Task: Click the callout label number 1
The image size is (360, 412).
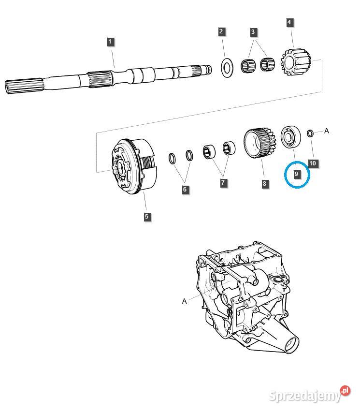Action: tap(110, 42)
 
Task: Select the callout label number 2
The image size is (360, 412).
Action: tap(221, 32)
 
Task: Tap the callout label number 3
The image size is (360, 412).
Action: tap(253, 32)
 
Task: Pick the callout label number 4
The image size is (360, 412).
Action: tap(289, 22)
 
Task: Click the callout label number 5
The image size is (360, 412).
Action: tap(146, 217)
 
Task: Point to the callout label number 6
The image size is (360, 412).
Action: tap(185, 190)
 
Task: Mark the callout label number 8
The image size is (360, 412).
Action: tap(265, 184)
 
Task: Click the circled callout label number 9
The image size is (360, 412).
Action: tap(296, 173)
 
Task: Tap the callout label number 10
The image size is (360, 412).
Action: tap(313, 163)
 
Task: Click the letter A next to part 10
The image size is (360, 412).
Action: tap(326, 131)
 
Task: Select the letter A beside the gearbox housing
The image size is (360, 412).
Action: tap(184, 301)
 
